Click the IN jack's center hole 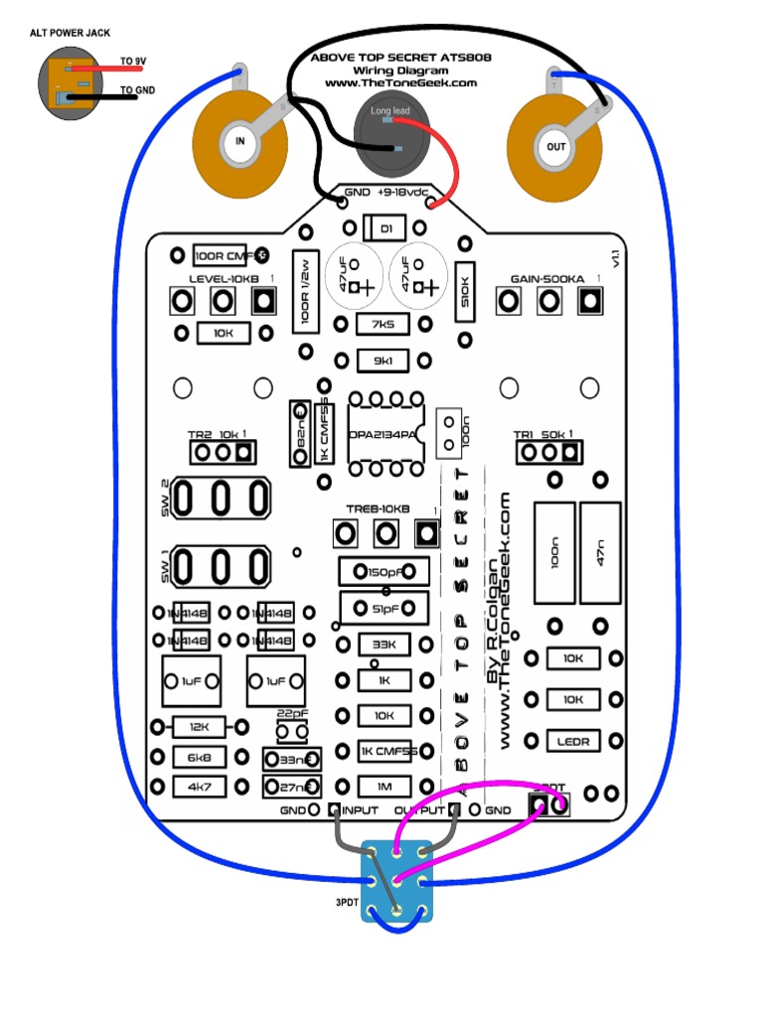tap(239, 142)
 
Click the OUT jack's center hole tap(554, 147)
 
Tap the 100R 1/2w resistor tap(304, 290)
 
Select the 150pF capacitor tap(384, 572)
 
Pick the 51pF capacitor tap(384, 607)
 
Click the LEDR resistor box tap(573, 740)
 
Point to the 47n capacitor tap(600, 554)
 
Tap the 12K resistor tap(199, 728)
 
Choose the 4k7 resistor tap(199, 787)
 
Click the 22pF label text tap(290, 713)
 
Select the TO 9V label tap(133, 62)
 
